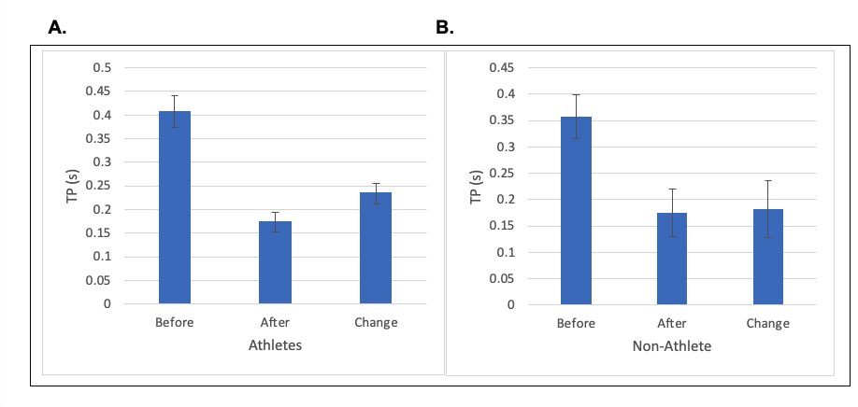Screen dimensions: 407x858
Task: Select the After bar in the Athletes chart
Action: (275, 262)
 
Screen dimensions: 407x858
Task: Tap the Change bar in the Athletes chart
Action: (376, 247)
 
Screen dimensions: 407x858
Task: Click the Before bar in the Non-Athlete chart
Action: (576, 210)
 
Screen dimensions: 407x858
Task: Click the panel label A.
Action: (57, 28)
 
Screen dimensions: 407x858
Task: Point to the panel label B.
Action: (445, 28)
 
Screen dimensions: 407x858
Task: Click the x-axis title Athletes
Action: (275, 345)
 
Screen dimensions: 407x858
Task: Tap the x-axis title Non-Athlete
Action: (672, 346)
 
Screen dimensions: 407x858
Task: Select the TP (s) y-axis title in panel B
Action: (476, 184)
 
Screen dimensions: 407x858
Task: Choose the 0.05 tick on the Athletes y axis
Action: (98, 280)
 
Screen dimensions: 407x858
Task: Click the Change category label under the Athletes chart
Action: (376, 323)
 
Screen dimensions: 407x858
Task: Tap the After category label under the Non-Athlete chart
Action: (672, 324)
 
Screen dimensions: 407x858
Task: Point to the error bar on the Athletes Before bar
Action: (175, 111)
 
